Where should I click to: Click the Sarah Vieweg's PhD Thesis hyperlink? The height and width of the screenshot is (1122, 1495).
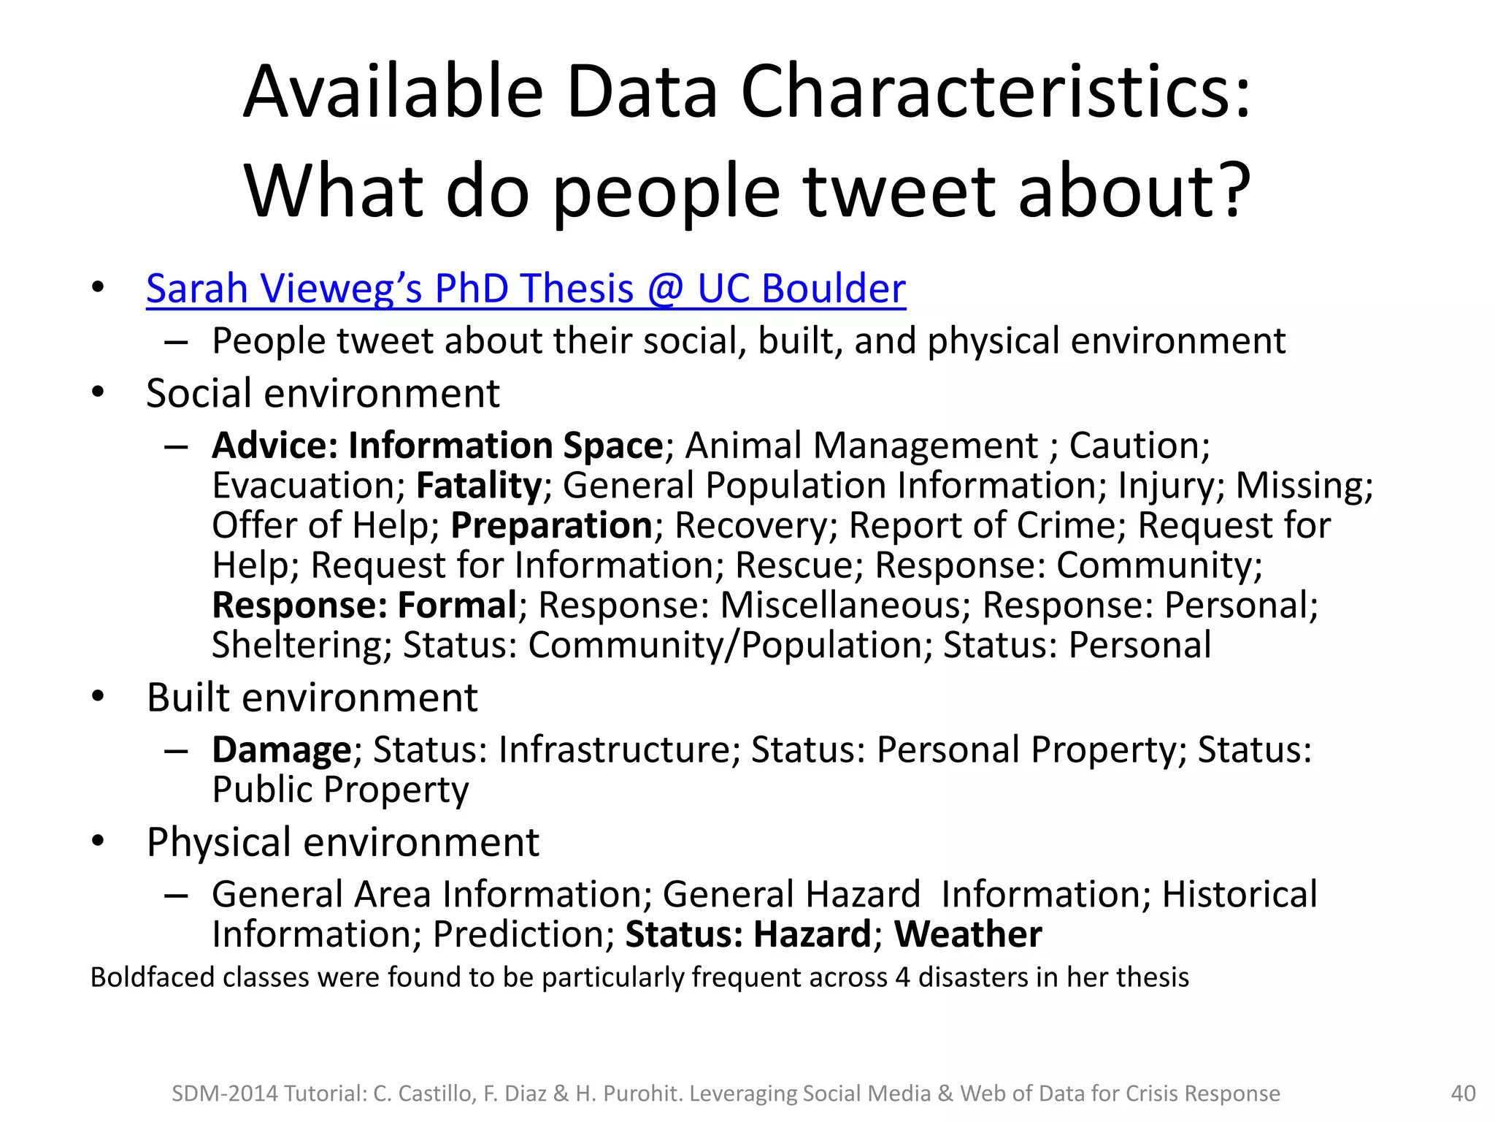526,289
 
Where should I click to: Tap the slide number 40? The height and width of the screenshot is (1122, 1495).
1463,1094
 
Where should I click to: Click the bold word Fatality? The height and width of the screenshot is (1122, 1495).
479,486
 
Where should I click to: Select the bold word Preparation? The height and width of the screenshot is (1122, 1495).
551,526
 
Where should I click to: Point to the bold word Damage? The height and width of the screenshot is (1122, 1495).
282,750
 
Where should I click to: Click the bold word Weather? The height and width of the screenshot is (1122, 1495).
968,934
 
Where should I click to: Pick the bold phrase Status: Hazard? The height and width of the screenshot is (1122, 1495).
748,934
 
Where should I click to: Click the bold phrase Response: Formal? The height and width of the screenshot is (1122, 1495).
364,606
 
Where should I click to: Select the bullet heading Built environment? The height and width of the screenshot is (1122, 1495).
312,698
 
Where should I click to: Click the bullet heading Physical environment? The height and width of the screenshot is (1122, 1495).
342,842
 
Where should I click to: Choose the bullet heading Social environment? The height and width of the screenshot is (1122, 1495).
323,394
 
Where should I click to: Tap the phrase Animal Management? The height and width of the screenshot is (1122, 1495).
861,446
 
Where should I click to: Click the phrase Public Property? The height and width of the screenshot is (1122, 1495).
340,790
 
